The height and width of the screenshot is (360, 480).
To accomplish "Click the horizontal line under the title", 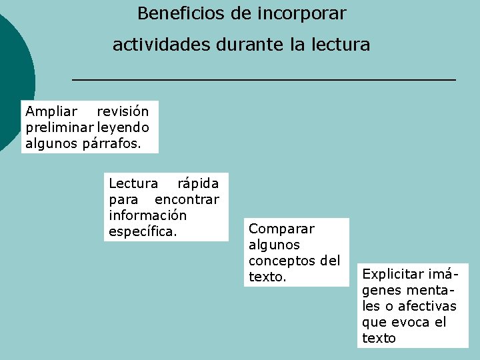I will click(x=263, y=80).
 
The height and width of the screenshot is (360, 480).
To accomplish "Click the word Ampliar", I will click(x=51, y=111).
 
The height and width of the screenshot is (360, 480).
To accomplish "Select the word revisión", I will click(x=123, y=111).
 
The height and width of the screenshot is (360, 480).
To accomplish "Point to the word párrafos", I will click(x=111, y=143).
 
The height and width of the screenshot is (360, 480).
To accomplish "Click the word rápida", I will click(x=197, y=183).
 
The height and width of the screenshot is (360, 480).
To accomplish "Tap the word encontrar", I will click(x=187, y=199).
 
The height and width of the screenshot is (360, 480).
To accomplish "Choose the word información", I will click(x=147, y=215).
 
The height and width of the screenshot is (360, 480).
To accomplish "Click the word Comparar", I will click(x=281, y=229).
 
